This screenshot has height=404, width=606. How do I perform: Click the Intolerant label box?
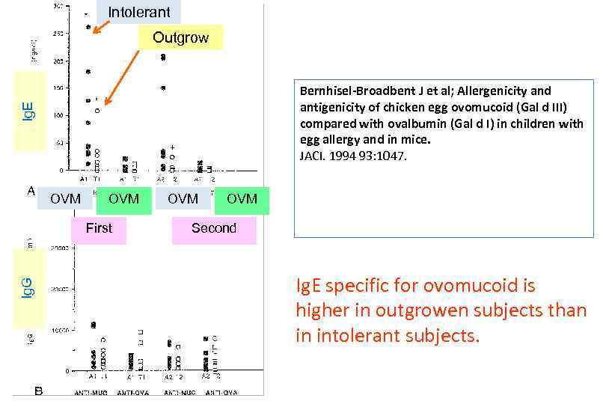tap(138, 12)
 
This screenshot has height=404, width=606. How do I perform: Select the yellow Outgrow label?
tap(180, 37)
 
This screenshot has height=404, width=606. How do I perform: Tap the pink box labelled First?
tap(99, 229)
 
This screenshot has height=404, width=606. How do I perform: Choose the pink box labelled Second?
tap(213, 229)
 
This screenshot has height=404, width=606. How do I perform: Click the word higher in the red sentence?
tap(319, 310)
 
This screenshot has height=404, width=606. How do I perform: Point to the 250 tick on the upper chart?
tap(58, 33)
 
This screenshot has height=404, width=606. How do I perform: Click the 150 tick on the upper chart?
tap(58, 88)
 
